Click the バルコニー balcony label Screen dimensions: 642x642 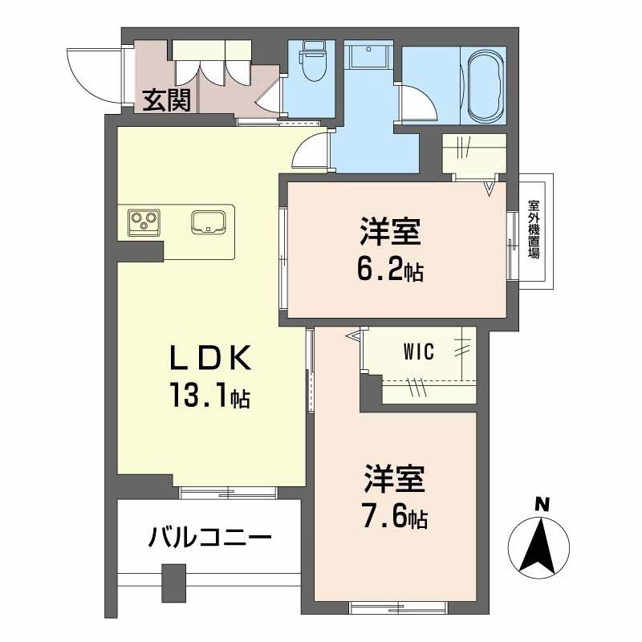[209, 537]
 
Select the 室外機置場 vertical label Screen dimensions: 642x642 [533, 230]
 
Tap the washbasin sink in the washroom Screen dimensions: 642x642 [368, 58]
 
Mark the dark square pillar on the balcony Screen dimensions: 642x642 [172, 582]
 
